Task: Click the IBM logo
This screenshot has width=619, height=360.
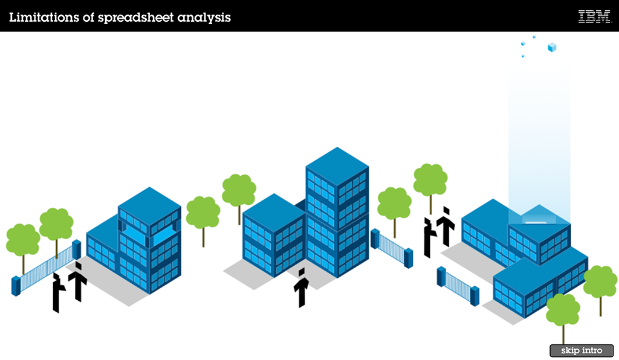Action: pos(594,17)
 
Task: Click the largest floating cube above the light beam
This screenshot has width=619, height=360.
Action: pos(551,47)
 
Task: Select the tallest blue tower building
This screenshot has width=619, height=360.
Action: pos(337,211)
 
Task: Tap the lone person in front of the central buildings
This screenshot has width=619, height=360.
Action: pos(301,288)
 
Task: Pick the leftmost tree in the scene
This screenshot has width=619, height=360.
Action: pos(23,242)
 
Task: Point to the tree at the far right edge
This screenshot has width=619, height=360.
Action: pos(600,284)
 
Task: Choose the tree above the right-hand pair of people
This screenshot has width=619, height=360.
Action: pos(430,181)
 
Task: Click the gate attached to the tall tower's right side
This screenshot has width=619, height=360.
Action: pos(392,247)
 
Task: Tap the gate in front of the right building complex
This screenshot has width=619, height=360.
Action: pos(458,286)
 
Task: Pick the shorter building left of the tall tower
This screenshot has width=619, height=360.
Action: pos(273,236)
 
